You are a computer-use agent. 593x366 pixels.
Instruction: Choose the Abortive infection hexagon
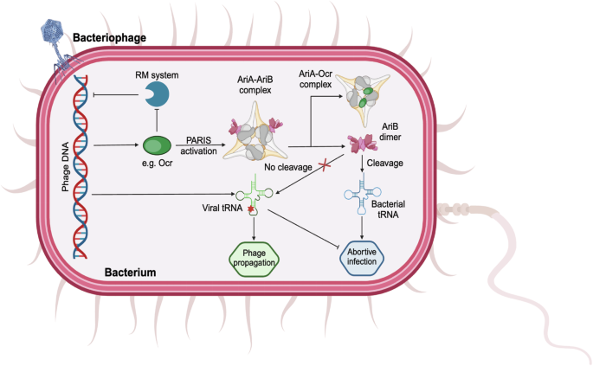(358, 257)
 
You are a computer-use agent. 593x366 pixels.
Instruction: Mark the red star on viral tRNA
(249, 209)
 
